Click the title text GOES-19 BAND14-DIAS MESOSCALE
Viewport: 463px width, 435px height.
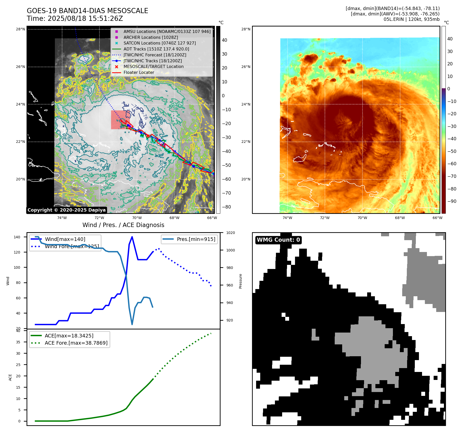(x=87, y=11)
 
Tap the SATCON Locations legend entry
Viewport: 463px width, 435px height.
(x=159, y=43)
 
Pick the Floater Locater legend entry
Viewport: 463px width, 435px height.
(x=139, y=72)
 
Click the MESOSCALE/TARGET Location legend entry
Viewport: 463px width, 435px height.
(x=153, y=66)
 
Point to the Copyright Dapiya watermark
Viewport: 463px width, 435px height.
(x=66, y=210)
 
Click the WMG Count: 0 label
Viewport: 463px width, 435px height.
(x=278, y=240)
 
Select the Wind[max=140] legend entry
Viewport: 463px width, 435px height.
(x=65, y=239)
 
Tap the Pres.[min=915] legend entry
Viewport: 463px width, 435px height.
(x=196, y=239)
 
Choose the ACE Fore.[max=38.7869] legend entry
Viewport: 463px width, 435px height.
(x=76, y=343)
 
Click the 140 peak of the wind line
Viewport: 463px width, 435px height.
(x=132, y=237)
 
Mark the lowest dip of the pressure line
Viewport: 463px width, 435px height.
(x=132, y=324)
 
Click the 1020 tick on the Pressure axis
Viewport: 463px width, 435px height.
(x=230, y=233)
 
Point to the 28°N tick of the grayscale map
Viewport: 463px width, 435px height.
(x=20, y=29)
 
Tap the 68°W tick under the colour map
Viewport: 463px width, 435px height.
(x=400, y=218)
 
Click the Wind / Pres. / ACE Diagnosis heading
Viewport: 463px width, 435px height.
(x=123, y=225)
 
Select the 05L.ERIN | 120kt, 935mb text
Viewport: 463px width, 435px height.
(x=411, y=19)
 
